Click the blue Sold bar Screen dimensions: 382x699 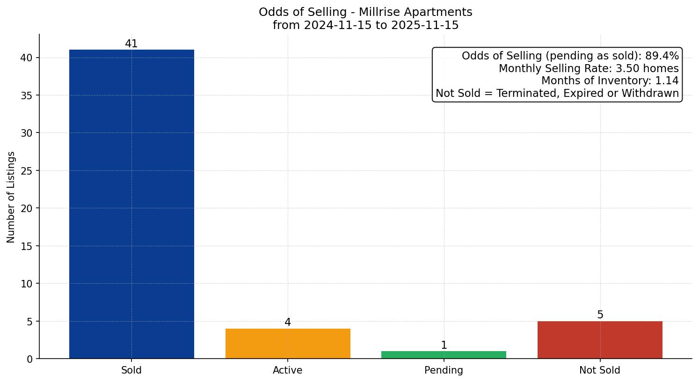tap(131, 204)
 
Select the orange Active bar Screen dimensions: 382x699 tap(288, 344)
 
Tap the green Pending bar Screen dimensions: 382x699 tap(444, 355)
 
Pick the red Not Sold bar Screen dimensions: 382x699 tap(600, 340)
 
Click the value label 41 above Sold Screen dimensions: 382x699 tap(131, 44)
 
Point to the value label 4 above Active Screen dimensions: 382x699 tap(288, 323)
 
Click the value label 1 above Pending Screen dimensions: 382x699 tap(444, 345)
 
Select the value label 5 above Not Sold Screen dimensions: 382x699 tap(600, 315)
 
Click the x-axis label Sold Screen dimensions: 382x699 tap(131, 370)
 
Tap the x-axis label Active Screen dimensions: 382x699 tap(288, 370)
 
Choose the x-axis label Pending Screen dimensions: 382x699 tap(444, 370)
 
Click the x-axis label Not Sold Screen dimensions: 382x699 tap(600, 370)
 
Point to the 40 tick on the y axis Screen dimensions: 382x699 tap(27, 58)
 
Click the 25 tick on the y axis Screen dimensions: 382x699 tap(27, 171)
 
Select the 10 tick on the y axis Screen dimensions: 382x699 tap(27, 284)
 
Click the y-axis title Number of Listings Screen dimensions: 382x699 tap(11, 197)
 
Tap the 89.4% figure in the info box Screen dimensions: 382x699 tap(662, 56)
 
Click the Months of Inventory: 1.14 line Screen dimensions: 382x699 tap(610, 81)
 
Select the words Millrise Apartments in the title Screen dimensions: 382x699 tap(415, 12)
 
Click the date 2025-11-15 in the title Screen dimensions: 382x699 tap(425, 25)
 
